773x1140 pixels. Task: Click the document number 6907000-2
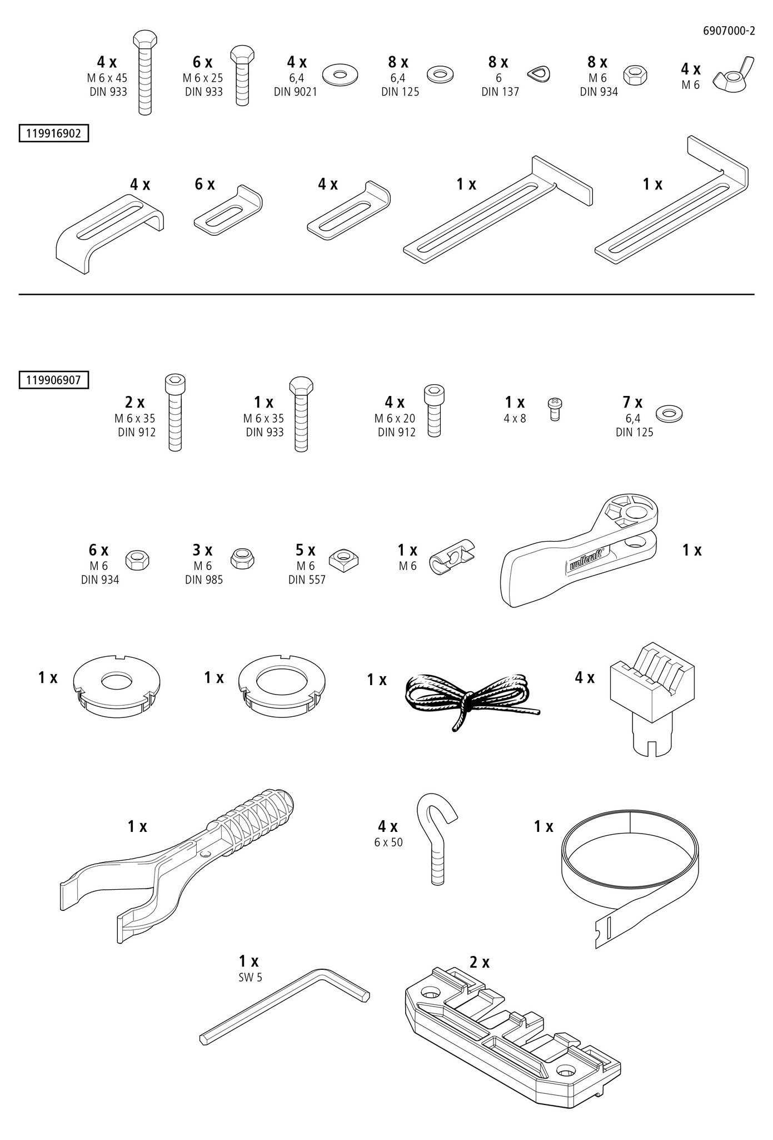(729, 31)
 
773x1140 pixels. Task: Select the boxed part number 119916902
(53, 134)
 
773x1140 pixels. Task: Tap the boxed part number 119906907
(53, 380)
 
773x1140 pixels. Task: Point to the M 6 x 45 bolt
(144, 72)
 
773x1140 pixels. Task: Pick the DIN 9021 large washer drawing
(339, 75)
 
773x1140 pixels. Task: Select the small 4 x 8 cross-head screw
(553, 408)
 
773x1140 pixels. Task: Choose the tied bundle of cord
(469, 700)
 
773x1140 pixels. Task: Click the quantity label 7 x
(632, 402)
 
